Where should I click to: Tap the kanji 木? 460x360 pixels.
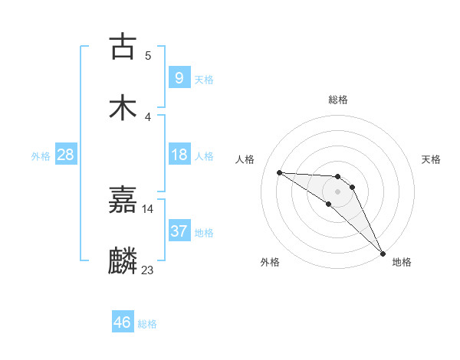[x=123, y=108]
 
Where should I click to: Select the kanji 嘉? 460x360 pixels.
[x=123, y=201]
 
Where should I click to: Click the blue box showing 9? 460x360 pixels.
[x=179, y=77]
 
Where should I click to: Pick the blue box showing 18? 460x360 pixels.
[x=179, y=155]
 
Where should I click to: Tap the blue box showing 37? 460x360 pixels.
[x=179, y=231]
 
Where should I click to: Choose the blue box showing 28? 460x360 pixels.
[x=66, y=155]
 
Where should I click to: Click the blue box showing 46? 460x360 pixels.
[x=123, y=322]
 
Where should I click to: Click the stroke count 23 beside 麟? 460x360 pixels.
[x=148, y=270]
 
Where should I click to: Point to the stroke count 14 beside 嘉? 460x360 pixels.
[x=148, y=208]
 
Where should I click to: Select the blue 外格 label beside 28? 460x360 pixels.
[x=41, y=156]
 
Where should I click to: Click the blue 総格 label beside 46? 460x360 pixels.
[x=147, y=324]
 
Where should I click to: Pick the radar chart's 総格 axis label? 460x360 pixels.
[x=338, y=100]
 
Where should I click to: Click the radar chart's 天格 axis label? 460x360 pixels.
[x=432, y=159]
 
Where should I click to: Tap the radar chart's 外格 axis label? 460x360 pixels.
[x=270, y=262]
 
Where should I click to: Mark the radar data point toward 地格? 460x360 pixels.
[x=383, y=253]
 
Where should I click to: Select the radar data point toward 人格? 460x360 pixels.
[x=279, y=172]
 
